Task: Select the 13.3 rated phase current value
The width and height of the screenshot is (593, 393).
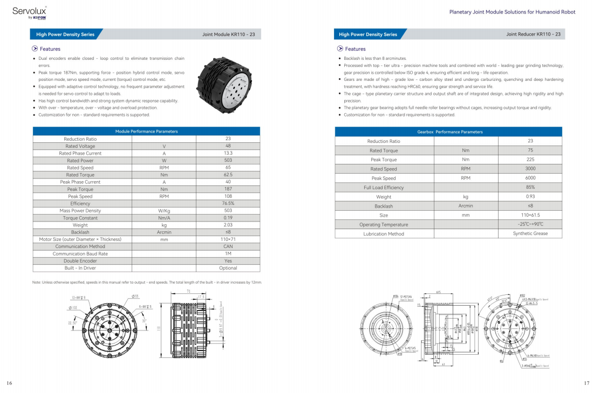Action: click(x=228, y=153)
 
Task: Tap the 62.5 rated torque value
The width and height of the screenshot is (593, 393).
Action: click(x=228, y=175)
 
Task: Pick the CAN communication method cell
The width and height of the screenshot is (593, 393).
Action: click(x=228, y=246)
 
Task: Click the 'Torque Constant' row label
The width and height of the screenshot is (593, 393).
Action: click(x=80, y=218)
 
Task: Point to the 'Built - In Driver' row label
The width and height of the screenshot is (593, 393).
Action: click(x=80, y=268)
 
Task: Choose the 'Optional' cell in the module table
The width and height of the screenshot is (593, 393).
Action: click(x=228, y=268)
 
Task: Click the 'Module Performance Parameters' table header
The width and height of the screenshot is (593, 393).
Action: click(x=146, y=131)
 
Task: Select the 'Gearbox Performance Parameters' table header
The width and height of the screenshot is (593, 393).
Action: click(x=449, y=132)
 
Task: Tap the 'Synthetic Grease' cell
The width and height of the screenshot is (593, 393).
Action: click(x=530, y=233)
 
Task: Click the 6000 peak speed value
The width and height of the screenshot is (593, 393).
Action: click(x=530, y=178)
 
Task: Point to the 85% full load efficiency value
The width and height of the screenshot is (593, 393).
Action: click(x=530, y=187)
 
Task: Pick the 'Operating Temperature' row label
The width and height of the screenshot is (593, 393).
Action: click(x=384, y=224)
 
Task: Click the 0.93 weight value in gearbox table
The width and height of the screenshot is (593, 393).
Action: click(x=530, y=197)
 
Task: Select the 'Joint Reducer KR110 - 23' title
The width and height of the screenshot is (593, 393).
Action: click(x=533, y=35)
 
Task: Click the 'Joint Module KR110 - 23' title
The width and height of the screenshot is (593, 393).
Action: click(x=228, y=35)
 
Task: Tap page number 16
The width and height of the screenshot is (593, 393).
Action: click(x=10, y=383)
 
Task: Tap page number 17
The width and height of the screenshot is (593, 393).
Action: click(x=587, y=383)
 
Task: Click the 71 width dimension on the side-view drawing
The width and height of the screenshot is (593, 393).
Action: click(x=188, y=291)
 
